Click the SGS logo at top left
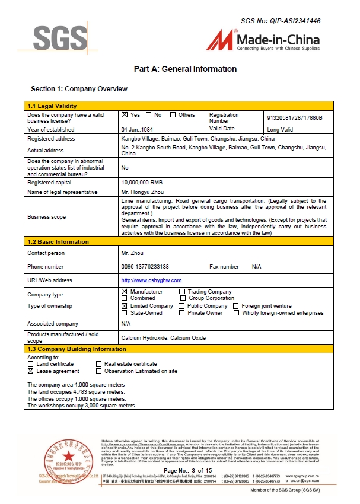(60, 37)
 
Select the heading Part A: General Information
(185, 69)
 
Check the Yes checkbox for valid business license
(125, 115)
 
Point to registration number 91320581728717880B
(295, 118)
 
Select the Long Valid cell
(281, 129)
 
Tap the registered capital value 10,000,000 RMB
(142, 183)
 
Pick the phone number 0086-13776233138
(145, 267)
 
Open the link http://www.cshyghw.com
(151, 280)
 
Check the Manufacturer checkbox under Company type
(125, 292)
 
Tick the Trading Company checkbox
(182, 292)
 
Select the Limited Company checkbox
(125, 306)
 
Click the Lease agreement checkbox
(31, 371)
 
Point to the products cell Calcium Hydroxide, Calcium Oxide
(163, 337)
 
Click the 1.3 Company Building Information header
(77, 349)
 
